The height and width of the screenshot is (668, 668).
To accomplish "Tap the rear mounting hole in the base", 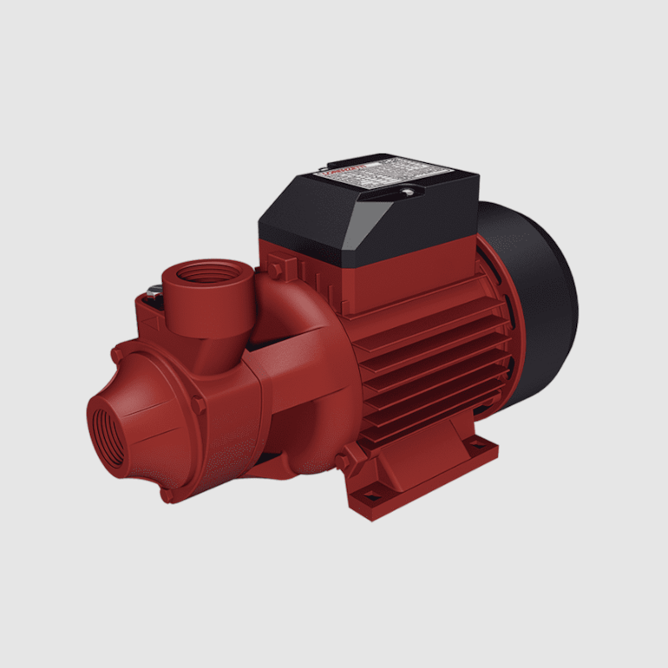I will tap(475, 445).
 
